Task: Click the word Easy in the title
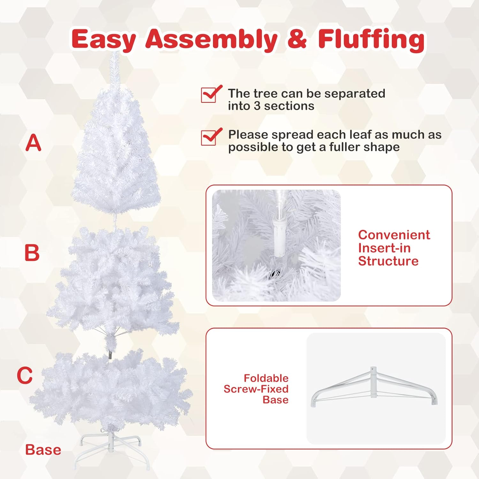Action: click(104, 39)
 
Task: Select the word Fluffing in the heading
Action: click(371, 40)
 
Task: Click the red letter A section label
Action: click(34, 143)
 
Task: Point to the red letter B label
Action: click(32, 253)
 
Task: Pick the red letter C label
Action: click(25, 375)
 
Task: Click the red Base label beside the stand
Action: click(43, 450)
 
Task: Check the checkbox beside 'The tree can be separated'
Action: click(209, 95)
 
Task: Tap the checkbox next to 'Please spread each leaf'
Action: click(209, 137)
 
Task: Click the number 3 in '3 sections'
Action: click(257, 106)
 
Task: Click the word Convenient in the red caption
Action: click(394, 235)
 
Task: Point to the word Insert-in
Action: click(384, 248)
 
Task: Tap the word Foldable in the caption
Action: click(266, 378)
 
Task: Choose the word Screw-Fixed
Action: click(256, 389)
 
